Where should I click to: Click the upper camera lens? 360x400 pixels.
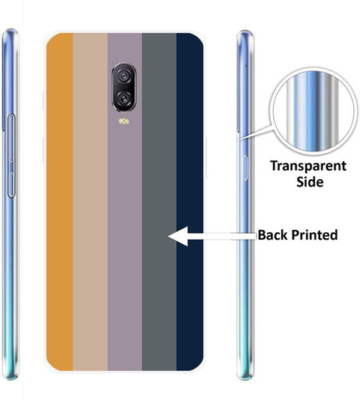(124, 76)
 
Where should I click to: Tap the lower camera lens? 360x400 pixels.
(124, 98)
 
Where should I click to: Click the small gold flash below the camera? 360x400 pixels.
(124, 121)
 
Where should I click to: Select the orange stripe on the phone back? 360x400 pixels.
(60, 201)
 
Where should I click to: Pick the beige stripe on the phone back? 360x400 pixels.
(90, 201)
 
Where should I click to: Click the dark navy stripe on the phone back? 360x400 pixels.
(190, 201)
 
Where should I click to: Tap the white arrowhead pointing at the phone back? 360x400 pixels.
(178, 236)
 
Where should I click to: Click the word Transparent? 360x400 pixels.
(308, 166)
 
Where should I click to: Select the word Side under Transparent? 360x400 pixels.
(310, 182)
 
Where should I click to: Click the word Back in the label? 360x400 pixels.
(273, 234)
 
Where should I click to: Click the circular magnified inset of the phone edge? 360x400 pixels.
(313, 112)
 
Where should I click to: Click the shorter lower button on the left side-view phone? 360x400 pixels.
(11, 185)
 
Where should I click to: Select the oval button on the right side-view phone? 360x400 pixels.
(245, 168)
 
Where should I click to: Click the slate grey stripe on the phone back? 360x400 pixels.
(159, 201)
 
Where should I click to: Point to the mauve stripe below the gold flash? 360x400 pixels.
(124, 230)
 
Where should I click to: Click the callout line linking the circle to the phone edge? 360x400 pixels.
(255, 133)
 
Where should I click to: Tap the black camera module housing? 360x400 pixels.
(124, 87)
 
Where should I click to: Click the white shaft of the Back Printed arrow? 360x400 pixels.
(222, 236)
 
